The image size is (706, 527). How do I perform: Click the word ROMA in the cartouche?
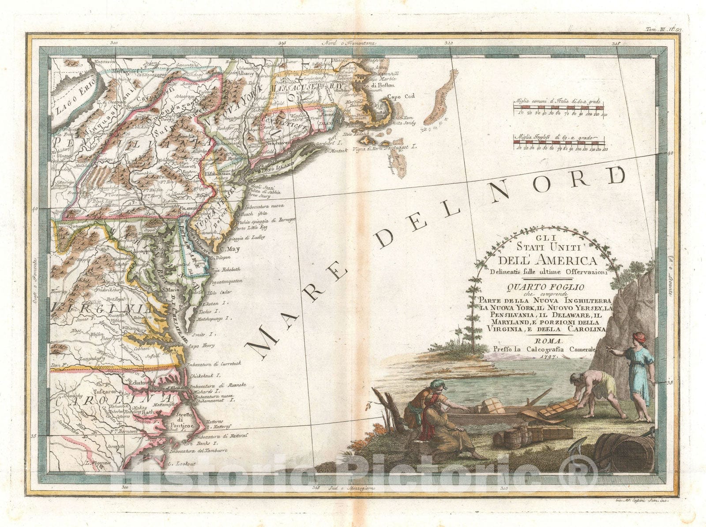pyautogui.click(x=548, y=341)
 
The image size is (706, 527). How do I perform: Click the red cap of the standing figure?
pyautogui.click(x=639, y=337)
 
